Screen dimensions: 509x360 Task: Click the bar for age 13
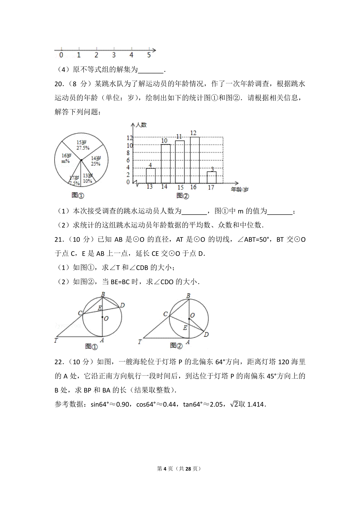coord(151,176)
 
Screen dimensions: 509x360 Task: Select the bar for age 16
coord(195,160)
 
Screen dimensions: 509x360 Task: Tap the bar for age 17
coord(211,177)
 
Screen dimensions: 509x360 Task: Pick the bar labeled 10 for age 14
coord(166,164)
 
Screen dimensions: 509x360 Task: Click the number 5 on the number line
coord(149,55)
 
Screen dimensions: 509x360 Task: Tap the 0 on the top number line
coord(61,55)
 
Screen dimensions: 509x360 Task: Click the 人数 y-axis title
coord(141,125)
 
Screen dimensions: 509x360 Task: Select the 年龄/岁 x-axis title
coord(240,189)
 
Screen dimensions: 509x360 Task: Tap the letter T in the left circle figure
coord(56,340)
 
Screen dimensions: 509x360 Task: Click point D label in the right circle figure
coord(206,335)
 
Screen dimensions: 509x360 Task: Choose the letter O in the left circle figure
coord(106,318)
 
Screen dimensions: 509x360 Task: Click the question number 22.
coord(59,362)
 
